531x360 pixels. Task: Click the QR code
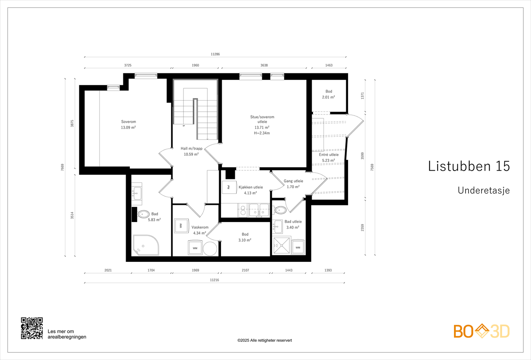(x=32, y=328)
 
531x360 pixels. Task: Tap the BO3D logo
(x=482, y=331)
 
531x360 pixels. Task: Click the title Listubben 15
(x=469, y=166)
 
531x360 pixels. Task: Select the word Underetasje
(x=484, y=190)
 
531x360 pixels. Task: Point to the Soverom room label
(x=128, y=122)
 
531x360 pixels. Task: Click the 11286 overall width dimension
(x=215, y=54)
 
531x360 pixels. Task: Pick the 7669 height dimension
(x=62, y=167)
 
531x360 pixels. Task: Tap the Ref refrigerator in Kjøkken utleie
(x=229, y=187)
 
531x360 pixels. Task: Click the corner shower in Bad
(x=146, y=245)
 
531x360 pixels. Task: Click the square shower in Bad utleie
(x=281, y=246)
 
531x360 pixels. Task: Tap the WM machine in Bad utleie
(x=298, y=248)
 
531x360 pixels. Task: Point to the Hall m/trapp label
(x=191, y=149)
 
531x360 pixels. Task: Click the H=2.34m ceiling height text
(x=262, y=133)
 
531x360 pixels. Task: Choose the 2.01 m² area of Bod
(x=328, y=97)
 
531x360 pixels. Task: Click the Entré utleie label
(x=329, y=155)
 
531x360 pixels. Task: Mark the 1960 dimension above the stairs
(x=195, y=65)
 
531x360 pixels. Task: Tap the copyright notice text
(x=265, y=340)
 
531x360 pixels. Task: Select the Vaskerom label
(x=200, y=227)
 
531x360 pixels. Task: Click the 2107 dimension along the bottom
(x=245, y=270)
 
